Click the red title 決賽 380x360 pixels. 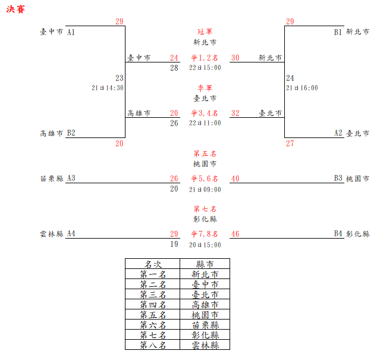coord(15,10)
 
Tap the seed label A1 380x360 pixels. coord(71,32)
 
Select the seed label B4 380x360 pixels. coord(338,234)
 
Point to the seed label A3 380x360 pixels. coord(71,178)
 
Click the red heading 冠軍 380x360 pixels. coord(205,32)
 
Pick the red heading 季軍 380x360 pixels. coord(205,87)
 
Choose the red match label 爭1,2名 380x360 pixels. coord(205,58)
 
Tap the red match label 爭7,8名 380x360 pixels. coord(205,234)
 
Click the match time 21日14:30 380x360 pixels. coord(108,87)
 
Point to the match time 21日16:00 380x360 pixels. coord(302,87)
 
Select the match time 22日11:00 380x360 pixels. coord(205,123)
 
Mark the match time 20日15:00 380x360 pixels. coord(205,245)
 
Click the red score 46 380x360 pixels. coord(235,234)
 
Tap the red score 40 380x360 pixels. coord(235,178)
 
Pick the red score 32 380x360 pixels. coord(235,112)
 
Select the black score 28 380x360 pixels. coord(174,68)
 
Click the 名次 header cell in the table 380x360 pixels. coord(152,264)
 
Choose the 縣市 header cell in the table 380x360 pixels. coord(204,264)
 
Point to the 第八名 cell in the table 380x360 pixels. coord(152,345)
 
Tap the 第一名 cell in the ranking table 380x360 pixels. coord(152,274)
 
